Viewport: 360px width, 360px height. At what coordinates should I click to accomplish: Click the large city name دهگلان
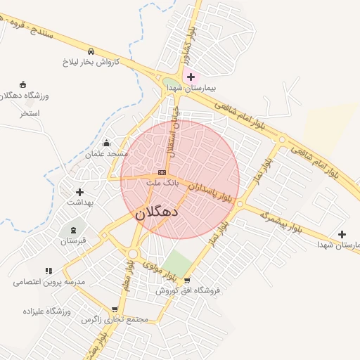coord(155,210)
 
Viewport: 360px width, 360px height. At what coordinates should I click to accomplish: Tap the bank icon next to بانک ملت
coord(162,172)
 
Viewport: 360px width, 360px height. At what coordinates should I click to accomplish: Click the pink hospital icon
coord(191,76)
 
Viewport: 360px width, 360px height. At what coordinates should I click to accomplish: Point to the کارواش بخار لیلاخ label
coord(92,62)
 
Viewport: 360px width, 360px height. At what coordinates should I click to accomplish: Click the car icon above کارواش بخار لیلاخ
coord(91,51)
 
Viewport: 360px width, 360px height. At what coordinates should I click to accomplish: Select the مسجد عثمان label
coord(106,153)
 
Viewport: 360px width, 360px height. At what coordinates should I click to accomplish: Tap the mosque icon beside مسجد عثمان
coord(106,143)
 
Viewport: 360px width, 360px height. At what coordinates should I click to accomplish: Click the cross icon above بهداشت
coord(79,191)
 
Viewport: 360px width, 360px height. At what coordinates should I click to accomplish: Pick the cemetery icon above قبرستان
coord(72,230)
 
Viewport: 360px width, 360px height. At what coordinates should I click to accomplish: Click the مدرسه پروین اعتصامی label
coord(49,281)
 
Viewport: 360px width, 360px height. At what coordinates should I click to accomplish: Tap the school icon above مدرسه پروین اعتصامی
coord(49,271)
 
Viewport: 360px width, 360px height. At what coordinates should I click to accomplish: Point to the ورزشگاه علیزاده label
coord(46,311)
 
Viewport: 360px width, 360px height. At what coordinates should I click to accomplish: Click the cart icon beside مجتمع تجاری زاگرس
coord(115,309)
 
